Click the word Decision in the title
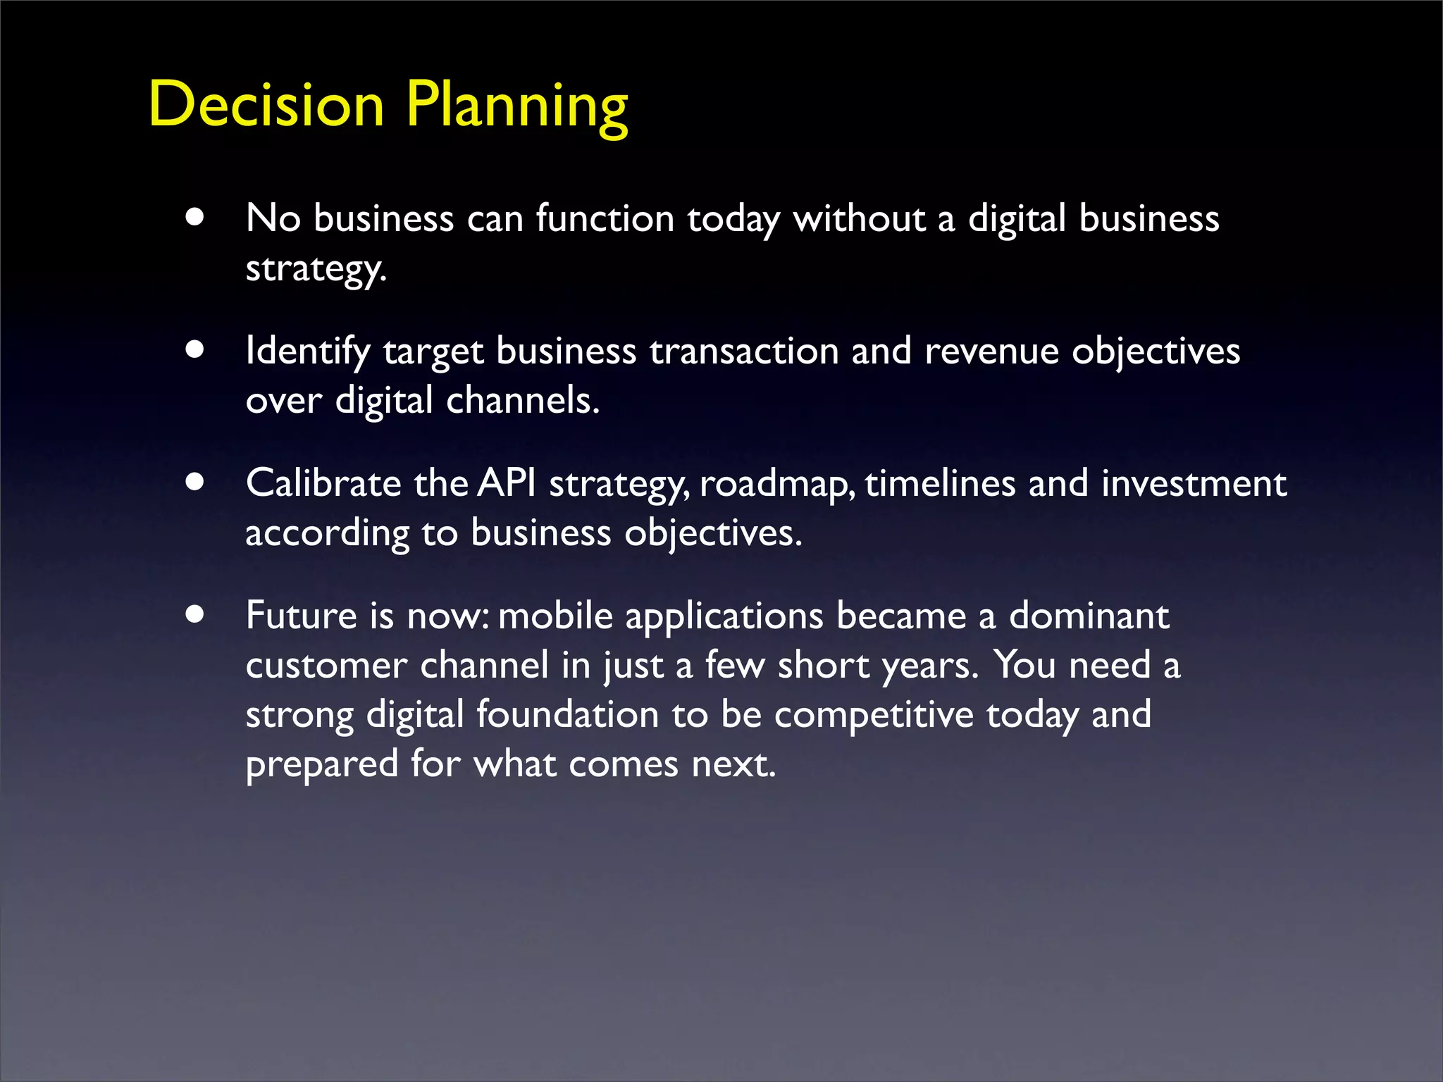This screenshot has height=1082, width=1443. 266,104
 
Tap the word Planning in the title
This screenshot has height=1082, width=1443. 516,106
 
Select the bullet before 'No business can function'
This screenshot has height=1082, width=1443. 195,217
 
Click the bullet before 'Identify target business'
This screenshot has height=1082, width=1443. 195,349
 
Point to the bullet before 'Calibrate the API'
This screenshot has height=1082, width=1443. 195,482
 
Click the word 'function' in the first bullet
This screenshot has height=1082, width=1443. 605,218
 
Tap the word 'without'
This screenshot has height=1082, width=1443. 859,218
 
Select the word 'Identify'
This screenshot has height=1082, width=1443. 307,351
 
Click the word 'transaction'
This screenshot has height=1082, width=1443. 743,351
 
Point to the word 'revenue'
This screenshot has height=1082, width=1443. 991,351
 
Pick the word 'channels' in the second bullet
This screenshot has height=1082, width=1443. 521,400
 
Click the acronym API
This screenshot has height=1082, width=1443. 507,483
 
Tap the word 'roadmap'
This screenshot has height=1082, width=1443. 776,485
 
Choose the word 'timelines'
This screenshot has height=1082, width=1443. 940,483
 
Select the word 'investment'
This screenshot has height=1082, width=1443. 1194,483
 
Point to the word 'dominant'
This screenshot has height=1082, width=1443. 1089,616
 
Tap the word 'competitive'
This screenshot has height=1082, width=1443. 874,715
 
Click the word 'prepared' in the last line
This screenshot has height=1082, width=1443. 322,765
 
